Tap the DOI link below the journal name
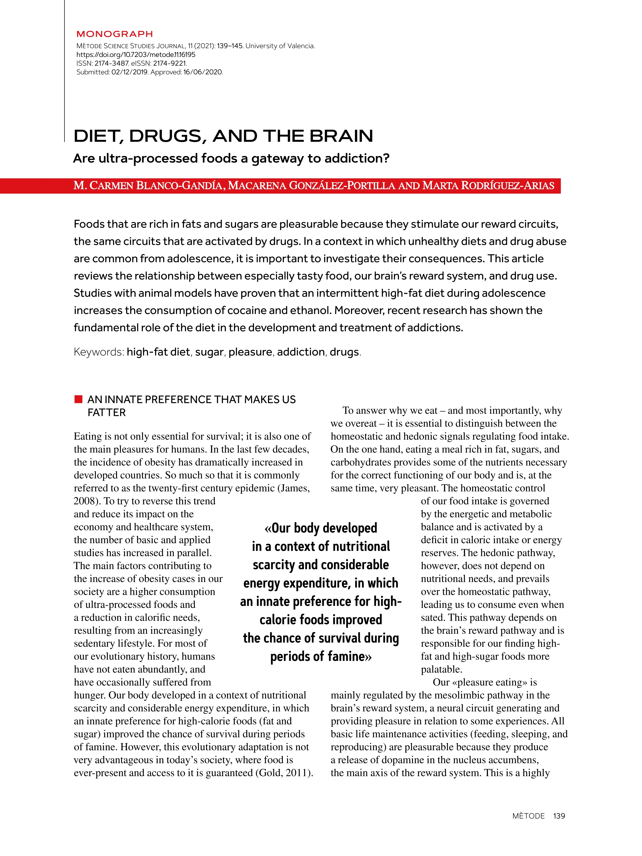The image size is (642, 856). (136, 55)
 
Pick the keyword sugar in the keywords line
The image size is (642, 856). (209, 352)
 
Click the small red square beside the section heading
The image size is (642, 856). (78, 399)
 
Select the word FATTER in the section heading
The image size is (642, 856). (106, 413)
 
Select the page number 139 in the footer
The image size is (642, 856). (559, 816)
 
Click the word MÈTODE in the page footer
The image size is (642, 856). (528, 816)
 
